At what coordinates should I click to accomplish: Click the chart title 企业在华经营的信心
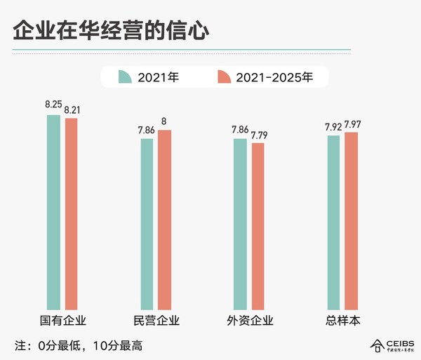coord(110,32)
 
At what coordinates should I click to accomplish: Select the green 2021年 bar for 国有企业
coord(53,211)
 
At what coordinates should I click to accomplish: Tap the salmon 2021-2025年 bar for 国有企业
coord(71,213)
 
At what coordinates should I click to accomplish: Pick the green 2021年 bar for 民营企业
coord(147,223)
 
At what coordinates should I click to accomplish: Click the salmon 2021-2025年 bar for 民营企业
coord(164,219)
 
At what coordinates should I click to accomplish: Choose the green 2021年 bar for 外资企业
coord(240,223)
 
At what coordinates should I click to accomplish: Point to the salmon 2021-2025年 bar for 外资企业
coord(258,225)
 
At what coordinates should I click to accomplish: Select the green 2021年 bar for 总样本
coord(333,222)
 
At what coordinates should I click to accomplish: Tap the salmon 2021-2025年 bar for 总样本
coord(351,220)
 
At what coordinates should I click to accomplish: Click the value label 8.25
coord(53,105)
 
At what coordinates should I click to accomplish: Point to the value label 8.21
coord(72,109)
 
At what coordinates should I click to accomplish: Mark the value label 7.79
coord(259,134)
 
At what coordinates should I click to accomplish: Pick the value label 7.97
coord(353,124)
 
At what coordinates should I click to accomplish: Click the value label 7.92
coord(333,127)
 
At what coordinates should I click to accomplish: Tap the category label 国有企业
coord(62,321)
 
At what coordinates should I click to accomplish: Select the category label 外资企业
coord(249,321)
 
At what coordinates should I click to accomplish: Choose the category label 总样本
coord(342,321)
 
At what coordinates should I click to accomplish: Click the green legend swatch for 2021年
coord(125,76)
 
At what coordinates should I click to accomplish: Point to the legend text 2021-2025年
coord(276,77)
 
